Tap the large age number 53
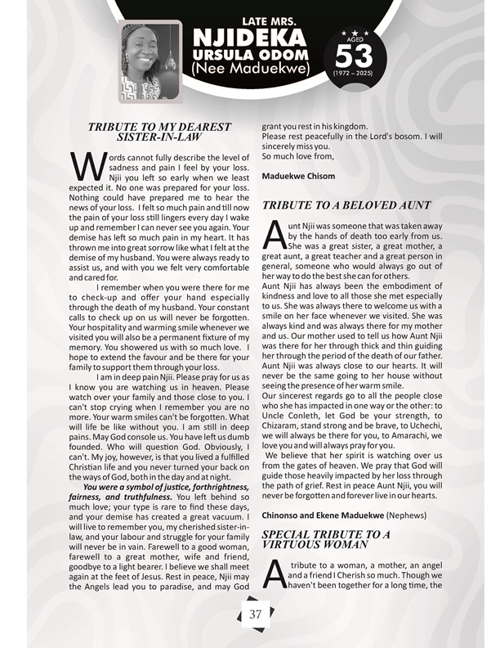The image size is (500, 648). point(354,55)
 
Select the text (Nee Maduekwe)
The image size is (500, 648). point(249,69)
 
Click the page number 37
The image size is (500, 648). point(255,614)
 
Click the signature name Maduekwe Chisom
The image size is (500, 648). point(300,176)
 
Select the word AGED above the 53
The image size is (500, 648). point(354,38)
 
